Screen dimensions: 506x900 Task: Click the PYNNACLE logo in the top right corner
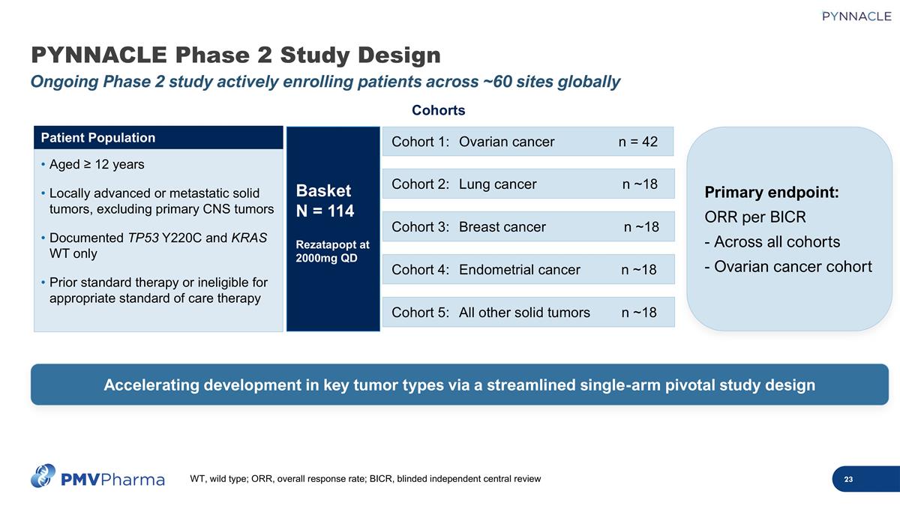[x=856, y=16]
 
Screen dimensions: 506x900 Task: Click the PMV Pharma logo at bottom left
[x=97, y=477]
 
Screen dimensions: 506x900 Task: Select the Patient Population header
[x=98, y=138]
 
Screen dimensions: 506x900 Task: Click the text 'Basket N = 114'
[x=325, y=200]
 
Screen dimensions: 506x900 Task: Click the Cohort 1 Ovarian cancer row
[x=528, y=142]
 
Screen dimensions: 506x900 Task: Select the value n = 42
[x=637, y=142]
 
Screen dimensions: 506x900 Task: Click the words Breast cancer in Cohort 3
[x=502, y=227]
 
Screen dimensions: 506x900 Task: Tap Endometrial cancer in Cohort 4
[x=519, y=270]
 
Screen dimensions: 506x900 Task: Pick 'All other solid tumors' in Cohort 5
[x=523, y=313]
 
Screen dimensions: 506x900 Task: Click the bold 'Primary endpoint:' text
[x=771, y=193]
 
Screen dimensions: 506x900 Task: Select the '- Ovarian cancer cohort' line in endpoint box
[x=788, y=266]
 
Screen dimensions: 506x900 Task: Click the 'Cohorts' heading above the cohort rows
[x=439, y=111]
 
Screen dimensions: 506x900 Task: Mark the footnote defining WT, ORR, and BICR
[x=365, y=479]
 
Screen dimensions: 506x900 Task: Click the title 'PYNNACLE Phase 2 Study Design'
[x=235, y=55]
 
